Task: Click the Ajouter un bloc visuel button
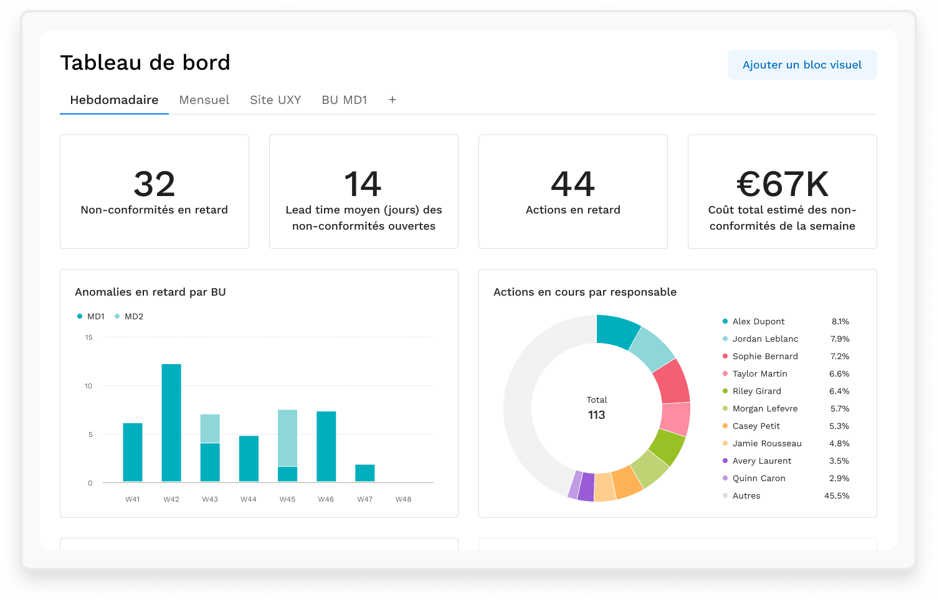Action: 802,65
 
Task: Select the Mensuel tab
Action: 204,100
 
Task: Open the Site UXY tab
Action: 275,100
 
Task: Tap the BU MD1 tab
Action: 345,100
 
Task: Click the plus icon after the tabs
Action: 392,100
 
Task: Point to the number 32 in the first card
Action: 155,184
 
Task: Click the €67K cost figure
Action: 782,184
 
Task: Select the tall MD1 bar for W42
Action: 171,423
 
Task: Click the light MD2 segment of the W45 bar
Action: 287,438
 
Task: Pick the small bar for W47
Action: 364,473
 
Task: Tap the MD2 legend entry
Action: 129,316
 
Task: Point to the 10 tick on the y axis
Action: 88,386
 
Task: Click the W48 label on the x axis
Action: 403,499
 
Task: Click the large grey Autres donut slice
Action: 528,405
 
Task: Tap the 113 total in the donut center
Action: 596,415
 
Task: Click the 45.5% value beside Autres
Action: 837,495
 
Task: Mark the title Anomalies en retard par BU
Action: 150,292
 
